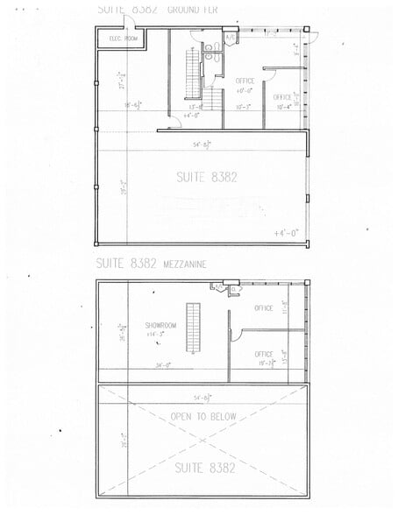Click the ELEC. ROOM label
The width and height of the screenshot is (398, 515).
pyautogui.click(x=124, y=39)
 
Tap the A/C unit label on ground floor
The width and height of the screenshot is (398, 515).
pyautogui.click(x=229, y=38)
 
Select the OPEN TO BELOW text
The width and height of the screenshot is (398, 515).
pyautogui.click(x=203, y=416)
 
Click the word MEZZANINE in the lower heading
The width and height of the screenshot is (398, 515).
pyautogui.click(x=183, y=262)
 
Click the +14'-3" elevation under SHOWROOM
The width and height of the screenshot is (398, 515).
pyautogui.click(x=157, y=334)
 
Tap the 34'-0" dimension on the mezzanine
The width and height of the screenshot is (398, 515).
pyautogui.click(x=164, y=365)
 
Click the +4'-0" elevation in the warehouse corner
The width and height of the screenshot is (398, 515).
pyautogui.click(x=287, y=233)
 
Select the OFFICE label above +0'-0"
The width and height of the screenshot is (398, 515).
pyautogui.click(x=245, y=81)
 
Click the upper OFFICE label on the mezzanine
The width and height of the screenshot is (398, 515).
pyautogui.click(x=263, y=308)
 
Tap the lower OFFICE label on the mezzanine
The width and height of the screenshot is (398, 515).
pyautogui.click(x=263, y=354)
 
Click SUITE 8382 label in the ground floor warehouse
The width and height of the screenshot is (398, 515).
pyautogui.click(x=207, y=177)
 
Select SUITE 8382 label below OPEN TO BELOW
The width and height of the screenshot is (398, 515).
pyautogui.click(x=205, y=468)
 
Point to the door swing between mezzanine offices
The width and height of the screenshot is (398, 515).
pyautogui.click(x=235, y=334)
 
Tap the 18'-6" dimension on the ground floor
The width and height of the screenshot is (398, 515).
pyautogui.click(x=133, y=105)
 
